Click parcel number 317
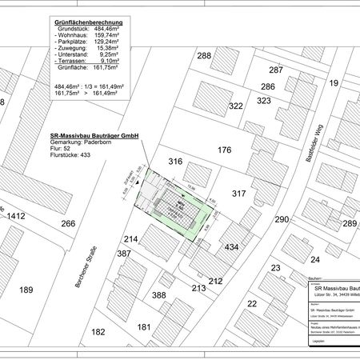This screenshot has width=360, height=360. click(x=238, y=193)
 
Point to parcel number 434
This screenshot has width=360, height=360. click(x=231, y=247)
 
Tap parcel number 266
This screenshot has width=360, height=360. click(x=67, y=224)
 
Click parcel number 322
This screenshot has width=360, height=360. click(x=235, y=106)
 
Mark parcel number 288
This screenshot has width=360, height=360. click(x=205, y=55)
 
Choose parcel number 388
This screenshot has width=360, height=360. click(x=159, y=295)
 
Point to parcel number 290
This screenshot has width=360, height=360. click(x=281, y=219)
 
